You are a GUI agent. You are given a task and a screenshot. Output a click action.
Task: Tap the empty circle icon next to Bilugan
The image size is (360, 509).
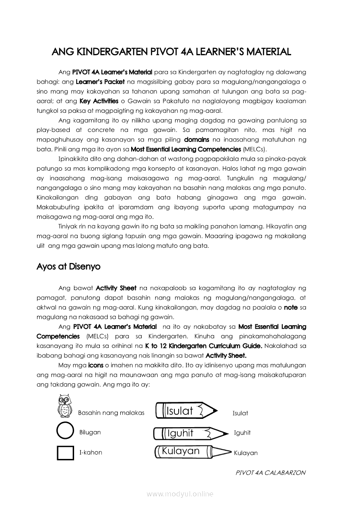tap(65, 431)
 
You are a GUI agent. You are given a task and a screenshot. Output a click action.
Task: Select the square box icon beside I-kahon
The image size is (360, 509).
tap(65, 452)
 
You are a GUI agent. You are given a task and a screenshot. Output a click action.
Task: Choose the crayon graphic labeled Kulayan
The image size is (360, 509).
tap(192, 452)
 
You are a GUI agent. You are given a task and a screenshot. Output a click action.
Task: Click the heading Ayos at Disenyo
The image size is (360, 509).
tap(68, 266)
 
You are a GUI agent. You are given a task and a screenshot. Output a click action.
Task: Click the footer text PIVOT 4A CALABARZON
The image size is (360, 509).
tap(270, 472)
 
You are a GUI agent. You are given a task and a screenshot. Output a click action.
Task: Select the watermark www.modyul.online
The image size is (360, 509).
tap(180, 494)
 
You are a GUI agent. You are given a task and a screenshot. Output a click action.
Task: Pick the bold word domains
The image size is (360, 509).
tap(197, 139)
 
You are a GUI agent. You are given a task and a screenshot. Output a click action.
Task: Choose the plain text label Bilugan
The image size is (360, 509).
tap(90, 432)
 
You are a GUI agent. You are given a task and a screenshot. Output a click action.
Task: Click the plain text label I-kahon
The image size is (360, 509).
tap(91, 453)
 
